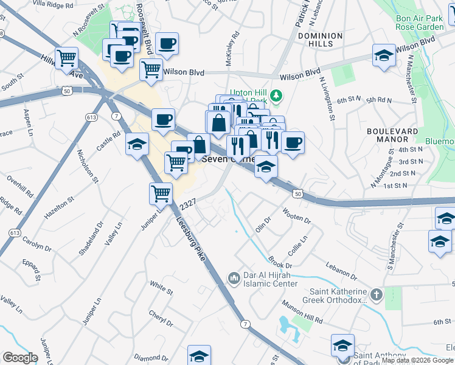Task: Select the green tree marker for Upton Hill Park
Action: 276,95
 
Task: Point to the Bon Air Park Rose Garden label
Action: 419,23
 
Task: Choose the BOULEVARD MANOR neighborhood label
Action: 392,134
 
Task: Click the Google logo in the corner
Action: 21,358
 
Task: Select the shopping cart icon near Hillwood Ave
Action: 67,58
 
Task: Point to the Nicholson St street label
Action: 89,163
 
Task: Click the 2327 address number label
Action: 187,207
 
